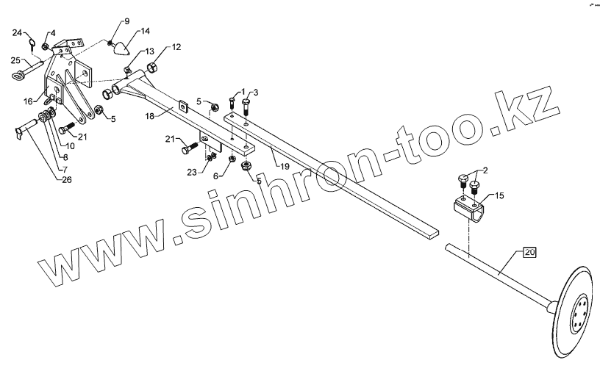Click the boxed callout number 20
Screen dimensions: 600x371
click(x=529, y=253)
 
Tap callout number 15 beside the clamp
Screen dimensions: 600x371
click(x=499, y=196)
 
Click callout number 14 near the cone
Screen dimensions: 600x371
click(x=144, y=31)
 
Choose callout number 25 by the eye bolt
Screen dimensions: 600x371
click(x=15, y=60)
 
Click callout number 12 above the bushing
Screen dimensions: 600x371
click(x=176, y=47)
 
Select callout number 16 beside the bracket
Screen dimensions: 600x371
click(x=28, y=101)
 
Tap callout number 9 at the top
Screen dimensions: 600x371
click(x=126, y=21)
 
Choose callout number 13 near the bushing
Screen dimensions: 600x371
click(x=149, y=51)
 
